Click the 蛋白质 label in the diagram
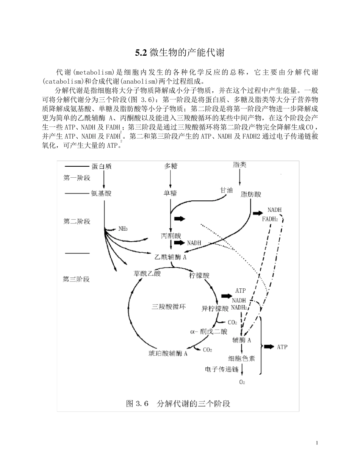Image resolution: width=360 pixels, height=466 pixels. click(x=102, y=166)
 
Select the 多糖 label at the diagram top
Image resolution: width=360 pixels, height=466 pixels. click(x=171, y=166)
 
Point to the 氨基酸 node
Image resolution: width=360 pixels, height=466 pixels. click(x=102, y=193)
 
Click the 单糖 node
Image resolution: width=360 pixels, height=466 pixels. click(x=171, y=193)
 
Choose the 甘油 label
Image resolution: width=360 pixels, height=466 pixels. click(x=227, y=190)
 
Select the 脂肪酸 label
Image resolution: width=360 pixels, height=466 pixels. click(x=251, y=194)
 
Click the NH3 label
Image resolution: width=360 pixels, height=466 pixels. click(x=123, y=228)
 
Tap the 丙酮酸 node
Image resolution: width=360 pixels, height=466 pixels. click(x=171, y=236)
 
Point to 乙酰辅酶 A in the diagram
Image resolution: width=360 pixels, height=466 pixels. click(x=171, y=257)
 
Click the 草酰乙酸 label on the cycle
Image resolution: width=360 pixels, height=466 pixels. click(x=147, y=274)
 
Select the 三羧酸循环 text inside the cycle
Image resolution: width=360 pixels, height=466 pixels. click(x=169, y=307)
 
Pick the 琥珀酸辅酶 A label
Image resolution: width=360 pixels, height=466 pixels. click(x=168, y=354)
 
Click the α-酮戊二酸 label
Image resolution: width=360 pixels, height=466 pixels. click(x=209, y=332)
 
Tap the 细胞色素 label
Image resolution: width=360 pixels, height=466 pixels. click(x=242, y=358)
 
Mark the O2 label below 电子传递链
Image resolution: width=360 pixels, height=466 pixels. click(x=242, y=382)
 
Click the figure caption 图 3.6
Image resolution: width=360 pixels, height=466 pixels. click(x=178, y=403)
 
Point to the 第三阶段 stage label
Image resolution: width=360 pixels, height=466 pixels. click(x=76, y=279)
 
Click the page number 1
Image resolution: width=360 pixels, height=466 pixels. click(x=317, y=443)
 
